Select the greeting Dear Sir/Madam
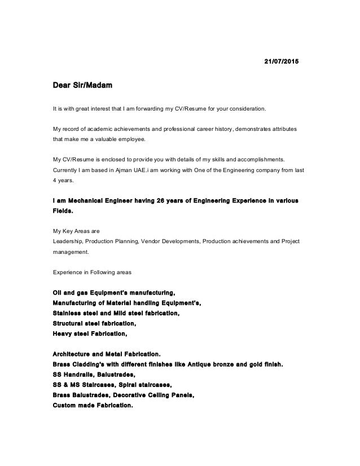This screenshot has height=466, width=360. pyautogui.click(x=82, y=86)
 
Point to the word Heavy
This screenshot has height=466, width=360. pyautogui.click(x=63, y=333)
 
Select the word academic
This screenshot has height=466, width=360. pyautogui.click(x=107, y=128)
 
